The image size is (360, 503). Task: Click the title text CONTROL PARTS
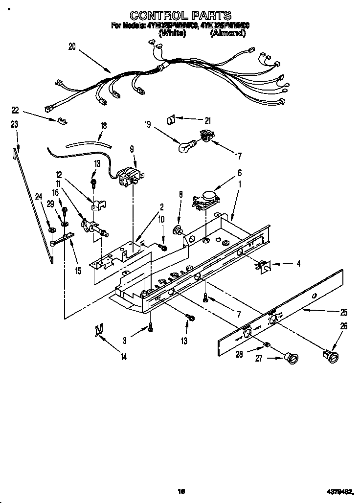(x=180, y=16)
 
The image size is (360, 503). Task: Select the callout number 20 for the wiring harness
(x=72, y=47)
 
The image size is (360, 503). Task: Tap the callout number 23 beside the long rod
(x=15, y=125)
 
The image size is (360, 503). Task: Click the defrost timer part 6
(x=205, y=199)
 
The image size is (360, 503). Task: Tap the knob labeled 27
(x=292, y=359)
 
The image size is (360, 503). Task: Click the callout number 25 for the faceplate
(x=344, y=312)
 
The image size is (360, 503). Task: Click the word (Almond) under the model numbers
(x=227, y=33)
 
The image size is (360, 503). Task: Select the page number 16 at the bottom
(x=180, y=491)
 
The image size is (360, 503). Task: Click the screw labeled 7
(x=206, y=297)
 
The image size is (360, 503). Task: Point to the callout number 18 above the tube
(x=103, y=126)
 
